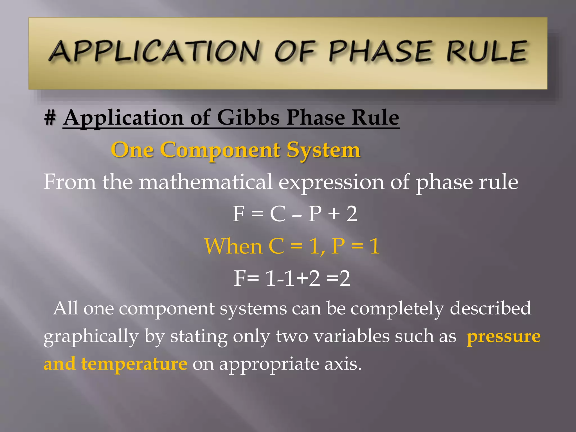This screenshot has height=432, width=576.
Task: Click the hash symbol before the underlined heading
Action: tap(50, 118)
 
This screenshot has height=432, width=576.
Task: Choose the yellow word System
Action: tap(323, 150)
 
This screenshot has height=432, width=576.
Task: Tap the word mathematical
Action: tap(206, 182)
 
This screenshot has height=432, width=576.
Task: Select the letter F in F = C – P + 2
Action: tap(238, 214)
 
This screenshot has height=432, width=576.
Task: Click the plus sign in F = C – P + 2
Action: tap(334, 214)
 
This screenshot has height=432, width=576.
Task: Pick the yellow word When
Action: tap(233, 246)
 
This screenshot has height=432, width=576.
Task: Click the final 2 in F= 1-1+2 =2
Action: tap(345, 278)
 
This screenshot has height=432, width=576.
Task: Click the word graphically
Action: tap(91, 337)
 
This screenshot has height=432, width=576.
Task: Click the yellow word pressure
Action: tap(503, 337)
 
